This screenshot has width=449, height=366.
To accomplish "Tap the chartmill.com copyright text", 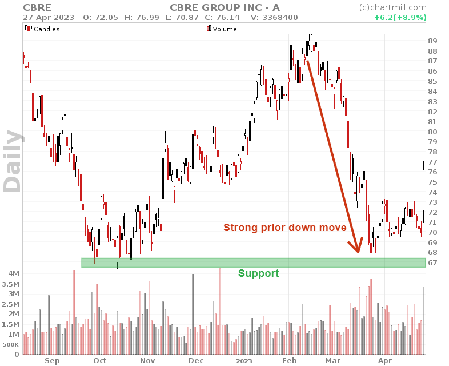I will pyautogui.click(x=392, y=7).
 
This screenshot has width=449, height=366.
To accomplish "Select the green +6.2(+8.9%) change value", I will pyautogui.click(x=400, y=17).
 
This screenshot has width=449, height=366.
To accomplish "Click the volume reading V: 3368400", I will pyautogui.click(x=275, y=17).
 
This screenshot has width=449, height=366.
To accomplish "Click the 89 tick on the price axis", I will pyautogui.click(x=432, y=41).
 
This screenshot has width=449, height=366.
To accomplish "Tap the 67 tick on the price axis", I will pyautogui.click(x=432, y=262).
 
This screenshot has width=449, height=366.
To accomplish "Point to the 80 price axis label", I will pyautogui.click(x=432, y=132).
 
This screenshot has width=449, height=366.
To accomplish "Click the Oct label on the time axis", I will pyautogui.click(x=100, y=361).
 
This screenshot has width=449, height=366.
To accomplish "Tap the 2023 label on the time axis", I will pyautogui.click(x=244, y=361).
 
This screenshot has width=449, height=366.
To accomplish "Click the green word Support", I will pyautogui.click(x=258, y=273).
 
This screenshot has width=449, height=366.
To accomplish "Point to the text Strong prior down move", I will pyautogui.click(x=284, y=228).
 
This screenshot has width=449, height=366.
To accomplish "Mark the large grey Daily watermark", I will pyautogui.click(x=14, y=161).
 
